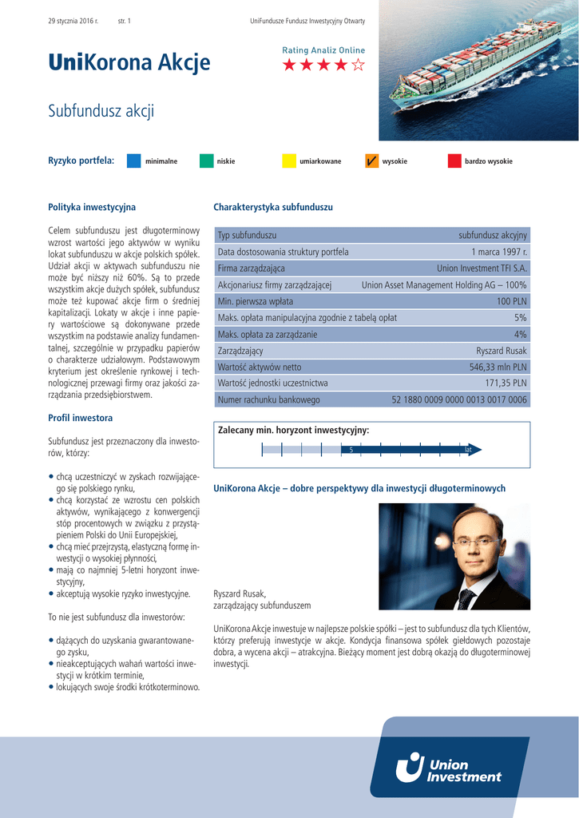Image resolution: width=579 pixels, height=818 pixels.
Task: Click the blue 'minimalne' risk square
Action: tap(134, 161)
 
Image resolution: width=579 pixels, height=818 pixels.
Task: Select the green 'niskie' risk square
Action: tap(206, 161)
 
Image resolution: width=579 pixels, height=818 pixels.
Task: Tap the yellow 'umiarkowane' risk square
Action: tap(288, 161)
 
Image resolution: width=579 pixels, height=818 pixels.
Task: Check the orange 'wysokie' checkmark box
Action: tap(371, 161)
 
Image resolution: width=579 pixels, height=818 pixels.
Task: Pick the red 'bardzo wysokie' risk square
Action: tap(454, 161)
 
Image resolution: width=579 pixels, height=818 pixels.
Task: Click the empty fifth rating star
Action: tap(359, 66)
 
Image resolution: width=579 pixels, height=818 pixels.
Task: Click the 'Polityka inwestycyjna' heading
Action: tap(92, 208)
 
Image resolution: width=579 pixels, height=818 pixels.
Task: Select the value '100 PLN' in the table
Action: tap(511, 301)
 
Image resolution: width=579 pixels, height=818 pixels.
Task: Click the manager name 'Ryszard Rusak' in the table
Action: tap(502, 351)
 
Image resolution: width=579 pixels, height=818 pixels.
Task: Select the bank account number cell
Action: tap(459, 399)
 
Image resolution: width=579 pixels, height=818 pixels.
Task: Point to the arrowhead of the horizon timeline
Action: tap(475, 450)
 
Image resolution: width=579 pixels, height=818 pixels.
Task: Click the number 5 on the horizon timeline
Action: tap(351, 451)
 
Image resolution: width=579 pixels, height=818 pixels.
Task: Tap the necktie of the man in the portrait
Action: tap(466, 598)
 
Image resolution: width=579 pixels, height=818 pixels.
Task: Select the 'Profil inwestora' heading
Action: tap(81, 418)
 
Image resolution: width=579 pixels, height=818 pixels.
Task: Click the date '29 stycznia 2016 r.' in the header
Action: tap(73, 19)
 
